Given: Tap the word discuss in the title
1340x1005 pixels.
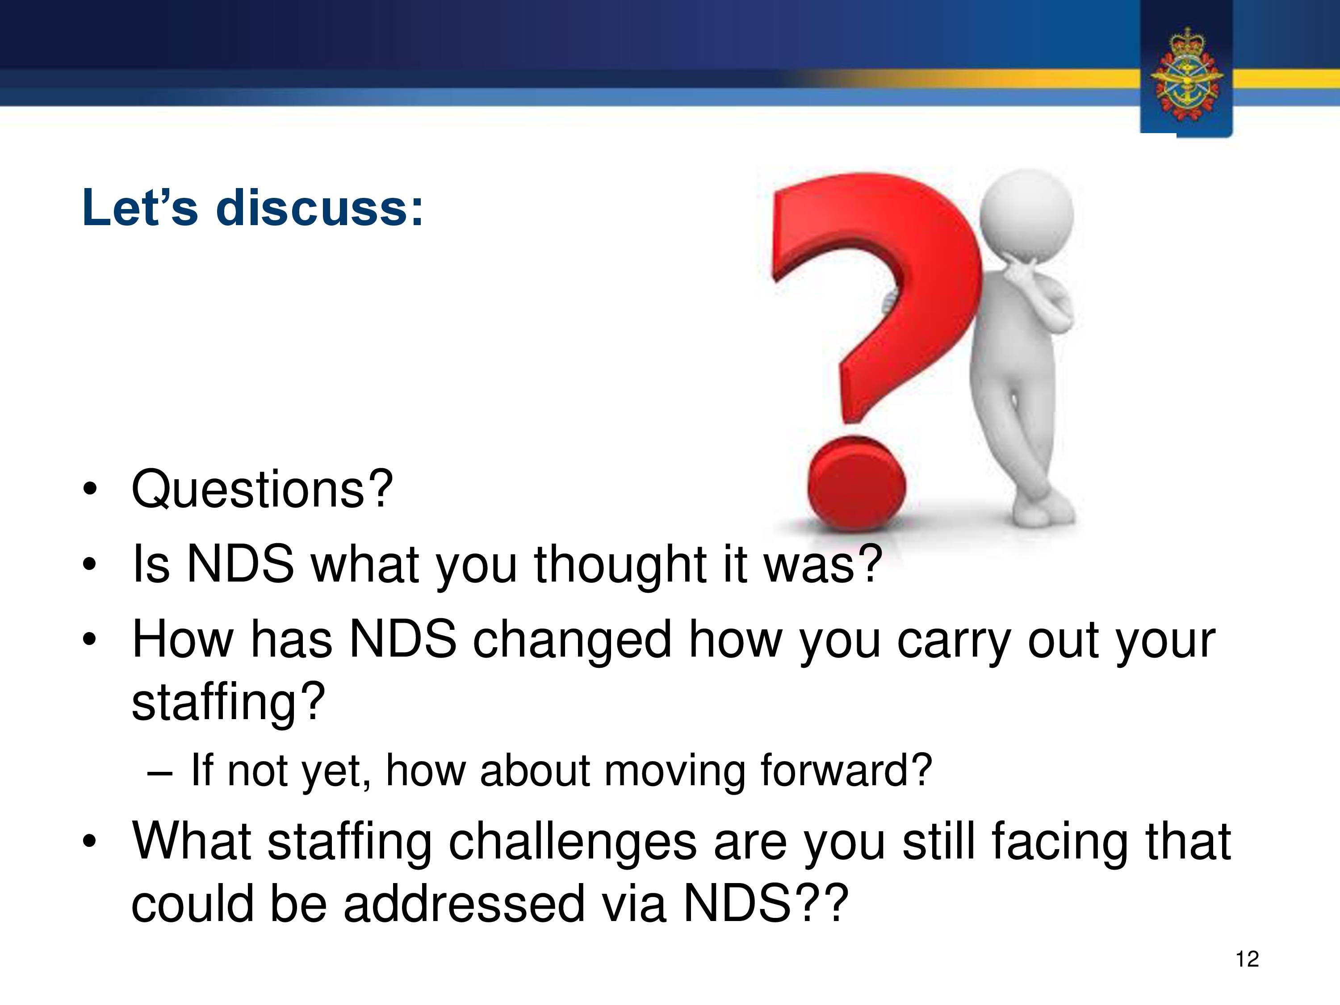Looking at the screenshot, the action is [319, 208].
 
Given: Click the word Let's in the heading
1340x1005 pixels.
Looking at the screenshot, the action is [140, 208].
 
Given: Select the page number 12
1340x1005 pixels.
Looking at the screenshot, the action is [1247, 959].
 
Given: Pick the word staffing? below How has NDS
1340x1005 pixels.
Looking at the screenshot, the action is [228, 702].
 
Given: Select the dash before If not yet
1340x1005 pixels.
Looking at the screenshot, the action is [160, 775].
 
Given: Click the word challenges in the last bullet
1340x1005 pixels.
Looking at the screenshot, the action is [573, 843].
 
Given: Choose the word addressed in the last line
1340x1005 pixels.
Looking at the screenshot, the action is [464, 904].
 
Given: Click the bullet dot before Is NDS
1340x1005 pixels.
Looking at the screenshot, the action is [90, 565].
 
